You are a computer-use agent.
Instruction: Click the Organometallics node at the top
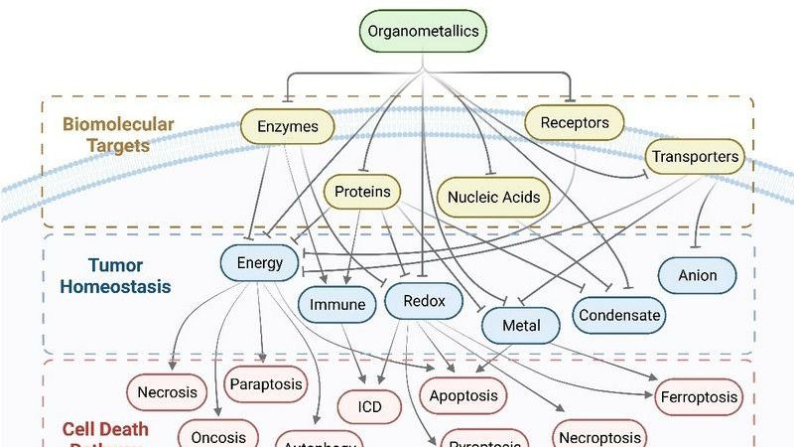pos(424,31)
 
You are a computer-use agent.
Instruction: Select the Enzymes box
pos(288,126)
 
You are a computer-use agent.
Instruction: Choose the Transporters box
pos(695,157)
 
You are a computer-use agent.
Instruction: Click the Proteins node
pos(362,192)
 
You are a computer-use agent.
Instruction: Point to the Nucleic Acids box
pos(493,197)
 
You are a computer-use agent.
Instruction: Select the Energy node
pos(260,263)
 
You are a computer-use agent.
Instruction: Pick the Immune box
pos(337,305)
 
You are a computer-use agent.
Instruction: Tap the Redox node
pos(424,301)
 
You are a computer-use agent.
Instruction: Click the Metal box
pos(522,326)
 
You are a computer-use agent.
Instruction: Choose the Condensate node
pos(620,316)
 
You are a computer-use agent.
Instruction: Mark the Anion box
pos(698,275)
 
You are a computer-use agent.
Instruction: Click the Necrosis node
pos(167,392)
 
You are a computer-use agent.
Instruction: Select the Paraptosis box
pos(265,384)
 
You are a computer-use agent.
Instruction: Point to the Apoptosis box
pos(463,396)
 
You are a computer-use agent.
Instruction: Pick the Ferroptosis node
pos(699,397)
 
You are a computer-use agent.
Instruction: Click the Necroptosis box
pos(598,437)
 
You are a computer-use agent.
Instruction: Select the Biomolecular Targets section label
pos(117,135)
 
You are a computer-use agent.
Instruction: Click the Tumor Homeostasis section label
pos(115,275)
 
